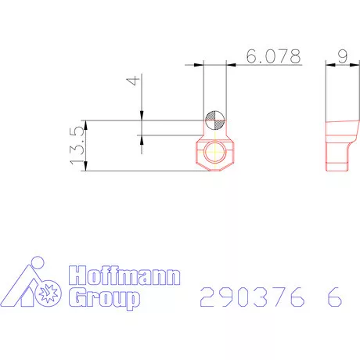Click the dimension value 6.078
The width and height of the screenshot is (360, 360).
(x=272, y=56)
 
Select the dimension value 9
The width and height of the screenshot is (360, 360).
(x=342, y=56)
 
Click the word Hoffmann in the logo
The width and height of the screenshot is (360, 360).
(x=125, y=276)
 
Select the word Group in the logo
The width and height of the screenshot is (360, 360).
(x=105, y=298)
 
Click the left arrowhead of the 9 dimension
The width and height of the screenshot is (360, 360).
(x=328, y=64)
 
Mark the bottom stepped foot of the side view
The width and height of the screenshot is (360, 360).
(x=336, y=163)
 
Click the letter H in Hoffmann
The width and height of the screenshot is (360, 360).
(x=79, y=276)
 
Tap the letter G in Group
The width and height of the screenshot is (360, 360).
(x=78, y=298)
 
